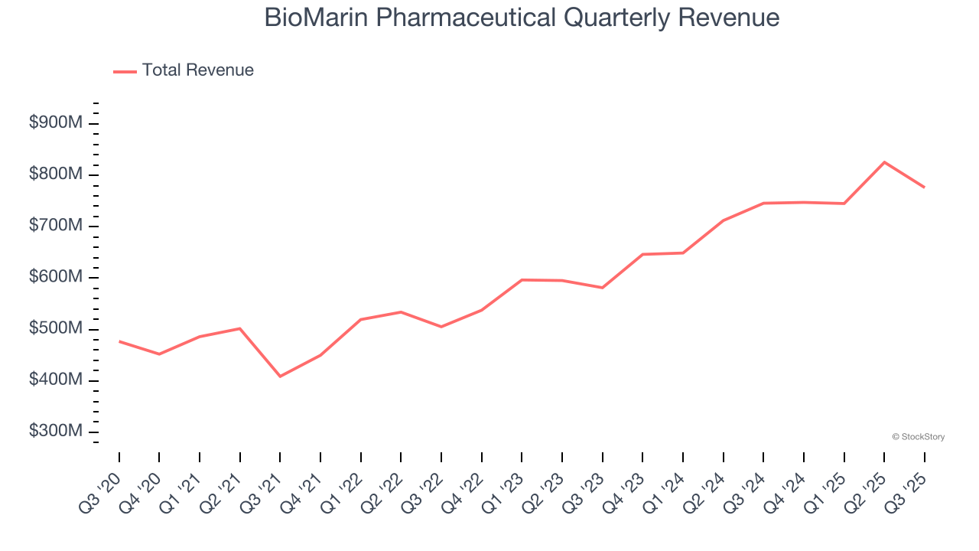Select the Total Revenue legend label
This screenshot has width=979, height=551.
click(197, 70)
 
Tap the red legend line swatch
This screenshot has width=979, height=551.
click(125, 71)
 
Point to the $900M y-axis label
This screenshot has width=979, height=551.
click(55, 123)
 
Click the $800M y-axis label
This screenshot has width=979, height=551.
click(55, 174)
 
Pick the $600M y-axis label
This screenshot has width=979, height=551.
click(55, 277)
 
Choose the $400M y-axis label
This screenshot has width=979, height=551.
click(55, 380)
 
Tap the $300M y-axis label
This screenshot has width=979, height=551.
click(55, 432)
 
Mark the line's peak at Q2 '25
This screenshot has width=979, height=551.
click(884, 162)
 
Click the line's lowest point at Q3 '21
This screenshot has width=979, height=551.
click(280, 377)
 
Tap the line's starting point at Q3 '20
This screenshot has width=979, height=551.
click(119, 341)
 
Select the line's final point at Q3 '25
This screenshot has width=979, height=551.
click(924, 187)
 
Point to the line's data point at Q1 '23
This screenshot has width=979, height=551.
click(522, 280)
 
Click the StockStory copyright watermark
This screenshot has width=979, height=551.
click(918, 437)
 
